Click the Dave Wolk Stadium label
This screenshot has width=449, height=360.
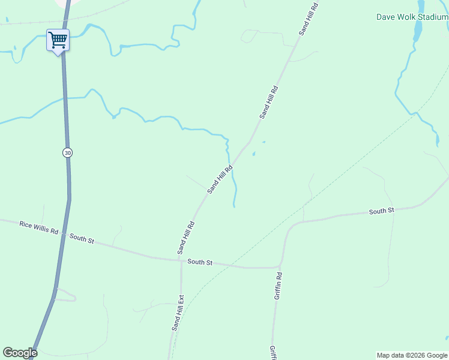(412, 17)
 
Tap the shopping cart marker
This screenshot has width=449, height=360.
(58, 41)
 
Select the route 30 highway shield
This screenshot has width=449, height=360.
(67, 152)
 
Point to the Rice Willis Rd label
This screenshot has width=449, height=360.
(38, 228)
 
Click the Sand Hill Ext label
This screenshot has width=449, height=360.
(178, 312)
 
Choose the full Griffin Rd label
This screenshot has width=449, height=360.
(278, 286)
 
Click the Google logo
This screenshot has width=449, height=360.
(20, 353)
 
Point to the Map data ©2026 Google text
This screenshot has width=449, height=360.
(412, 355)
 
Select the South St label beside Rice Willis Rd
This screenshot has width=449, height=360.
(82, 239)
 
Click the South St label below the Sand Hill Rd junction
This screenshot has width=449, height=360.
(200, 262)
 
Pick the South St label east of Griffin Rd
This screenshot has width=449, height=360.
(381, 211)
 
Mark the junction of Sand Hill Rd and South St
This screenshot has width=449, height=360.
(181, 260)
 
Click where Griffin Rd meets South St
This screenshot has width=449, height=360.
(280, 266)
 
